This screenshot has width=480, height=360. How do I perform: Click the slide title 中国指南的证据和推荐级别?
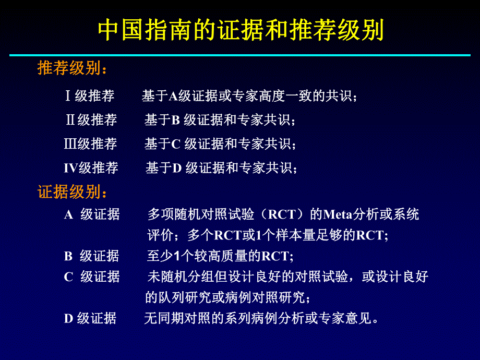pos(241,31)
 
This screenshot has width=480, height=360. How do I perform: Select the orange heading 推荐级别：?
pos(73,69)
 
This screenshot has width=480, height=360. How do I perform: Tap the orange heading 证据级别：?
pos(73,192)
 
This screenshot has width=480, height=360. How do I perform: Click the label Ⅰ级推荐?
pos(89,96)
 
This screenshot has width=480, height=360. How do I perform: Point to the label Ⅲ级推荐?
pos(90,144)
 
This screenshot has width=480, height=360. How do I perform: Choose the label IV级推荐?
pos(91,168)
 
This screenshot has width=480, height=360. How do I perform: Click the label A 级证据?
pos(92,214)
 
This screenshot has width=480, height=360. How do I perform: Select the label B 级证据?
pos(91,256)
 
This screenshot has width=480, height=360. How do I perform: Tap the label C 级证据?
pos(92,277)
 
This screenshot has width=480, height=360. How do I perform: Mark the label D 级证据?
pos(90,318)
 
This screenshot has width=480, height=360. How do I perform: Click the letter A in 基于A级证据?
pos(173,96)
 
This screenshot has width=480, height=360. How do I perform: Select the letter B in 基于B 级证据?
pos(176,120)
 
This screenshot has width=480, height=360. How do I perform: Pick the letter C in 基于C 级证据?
pos(176,144)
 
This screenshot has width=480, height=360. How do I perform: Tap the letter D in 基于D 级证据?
pos(176,168)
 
